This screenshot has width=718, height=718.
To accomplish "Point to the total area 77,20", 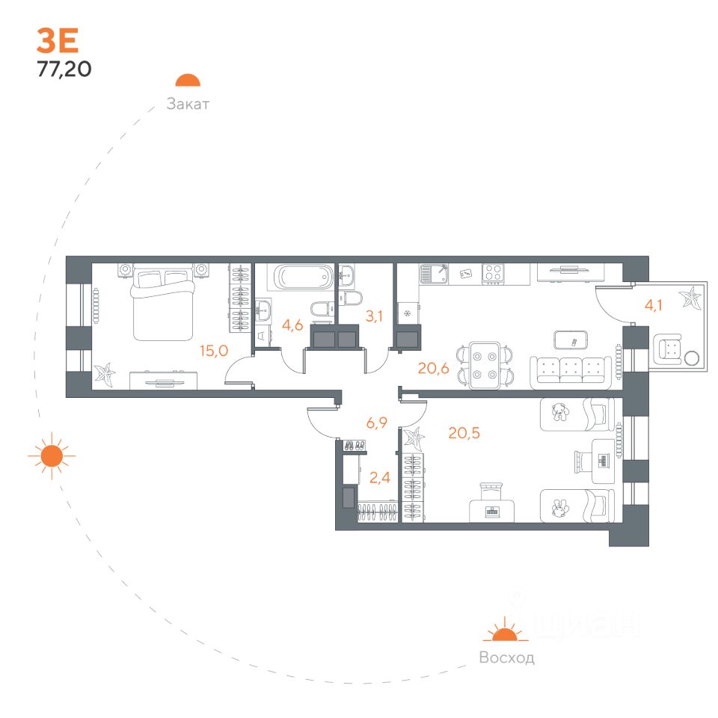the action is [64, 70].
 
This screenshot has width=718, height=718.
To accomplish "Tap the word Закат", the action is [188, 105].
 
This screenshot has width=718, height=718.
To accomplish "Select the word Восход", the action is [506, 658].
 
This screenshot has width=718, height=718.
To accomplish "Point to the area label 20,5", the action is [464, 432].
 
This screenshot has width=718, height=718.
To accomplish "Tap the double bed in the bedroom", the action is [163, 303].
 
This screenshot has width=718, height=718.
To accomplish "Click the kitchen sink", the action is [433, 274].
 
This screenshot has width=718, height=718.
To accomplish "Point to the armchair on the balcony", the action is [669, 349].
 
